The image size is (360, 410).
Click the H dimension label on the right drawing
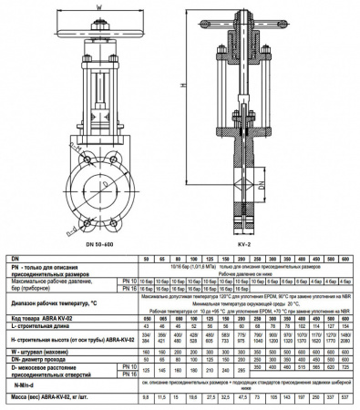pos(184,83)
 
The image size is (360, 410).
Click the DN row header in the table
pos(12,259)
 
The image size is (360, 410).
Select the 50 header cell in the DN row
pos(146,259)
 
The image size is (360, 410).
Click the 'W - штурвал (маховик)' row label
pos(41,349)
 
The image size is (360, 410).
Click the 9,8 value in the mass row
pos(146,398)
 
